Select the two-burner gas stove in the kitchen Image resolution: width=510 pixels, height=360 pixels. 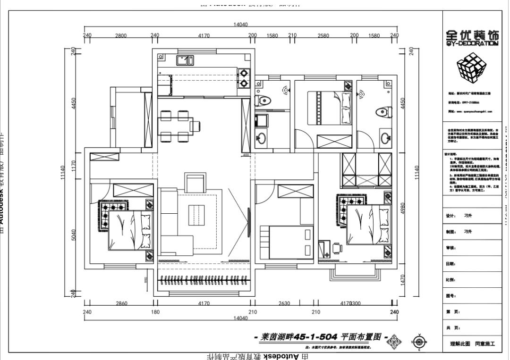pos(244,78)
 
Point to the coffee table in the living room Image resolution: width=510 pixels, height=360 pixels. pos(197,216)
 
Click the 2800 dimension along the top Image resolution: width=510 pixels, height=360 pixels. pos(121,35)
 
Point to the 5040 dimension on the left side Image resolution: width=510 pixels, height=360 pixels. pos(74,234)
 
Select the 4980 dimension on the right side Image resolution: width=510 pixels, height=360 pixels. pos(403,208)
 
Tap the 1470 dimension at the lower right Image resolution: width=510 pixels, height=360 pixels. pos(403,280)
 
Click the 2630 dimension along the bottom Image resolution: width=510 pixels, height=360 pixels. pos(284,303)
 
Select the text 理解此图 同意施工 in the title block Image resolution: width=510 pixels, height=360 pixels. pos(472,344)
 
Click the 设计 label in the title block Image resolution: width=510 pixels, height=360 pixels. pos(450,216)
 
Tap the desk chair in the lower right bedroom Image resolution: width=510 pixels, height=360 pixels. pos(337,247)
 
